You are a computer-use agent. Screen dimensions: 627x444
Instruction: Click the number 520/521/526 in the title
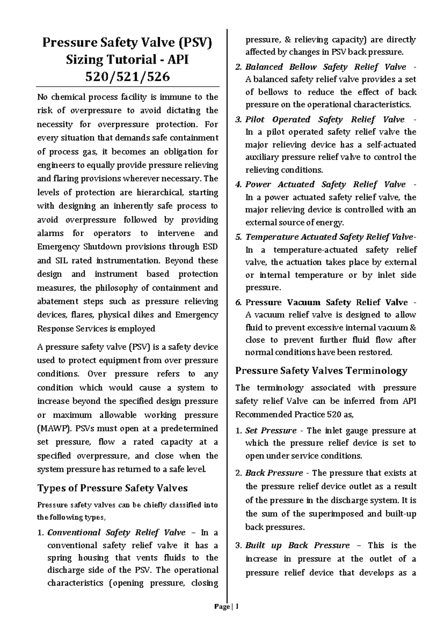click(x=127, y=77)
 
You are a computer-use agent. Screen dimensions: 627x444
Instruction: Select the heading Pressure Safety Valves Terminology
click(x=321, y=370)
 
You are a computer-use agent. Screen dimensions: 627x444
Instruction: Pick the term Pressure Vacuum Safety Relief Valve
click(x=326, y=302)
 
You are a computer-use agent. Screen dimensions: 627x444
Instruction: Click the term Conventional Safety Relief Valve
click(x=117, y=532)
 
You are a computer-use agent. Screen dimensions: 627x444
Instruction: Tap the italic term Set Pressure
click(x=271, y=431)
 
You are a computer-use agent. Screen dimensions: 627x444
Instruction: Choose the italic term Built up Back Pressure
click(x=297, y=545)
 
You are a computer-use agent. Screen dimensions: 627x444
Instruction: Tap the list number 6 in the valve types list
click(x=238, y=302)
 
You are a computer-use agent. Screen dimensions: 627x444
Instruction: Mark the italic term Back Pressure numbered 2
click(x=274, y=473)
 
